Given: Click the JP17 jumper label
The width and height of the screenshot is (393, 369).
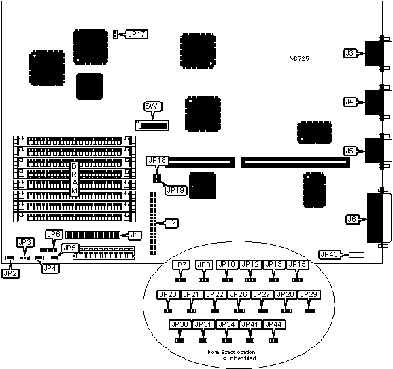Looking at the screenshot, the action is point(137,34).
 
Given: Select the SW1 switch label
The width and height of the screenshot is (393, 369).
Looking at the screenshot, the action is point(153,106).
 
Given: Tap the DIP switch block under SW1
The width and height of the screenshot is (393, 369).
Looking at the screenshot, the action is point(152,125).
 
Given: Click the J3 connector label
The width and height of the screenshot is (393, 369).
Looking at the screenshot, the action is point(349,53).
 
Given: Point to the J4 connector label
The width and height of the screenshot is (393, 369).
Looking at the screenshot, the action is point(349,102).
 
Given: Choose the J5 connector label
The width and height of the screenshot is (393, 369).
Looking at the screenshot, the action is point(349,151).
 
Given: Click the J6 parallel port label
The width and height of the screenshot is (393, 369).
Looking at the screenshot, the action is point(352,219).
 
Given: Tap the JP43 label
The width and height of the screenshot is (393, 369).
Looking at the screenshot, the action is point(329,254).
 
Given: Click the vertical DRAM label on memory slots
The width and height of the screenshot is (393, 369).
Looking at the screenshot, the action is point(74,178).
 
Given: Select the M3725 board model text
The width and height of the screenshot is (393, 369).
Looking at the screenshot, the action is point(299,59).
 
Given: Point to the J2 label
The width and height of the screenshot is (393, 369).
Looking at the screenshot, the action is point(172,222).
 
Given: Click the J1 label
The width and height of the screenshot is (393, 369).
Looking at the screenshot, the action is point(135,235).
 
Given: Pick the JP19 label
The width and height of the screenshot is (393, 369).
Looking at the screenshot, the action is point(175,190).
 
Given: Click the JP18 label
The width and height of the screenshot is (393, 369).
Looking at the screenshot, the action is point(157,161).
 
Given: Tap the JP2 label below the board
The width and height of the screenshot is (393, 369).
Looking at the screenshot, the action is point(10,273).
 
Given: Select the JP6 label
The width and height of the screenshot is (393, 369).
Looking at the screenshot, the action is point(54,234).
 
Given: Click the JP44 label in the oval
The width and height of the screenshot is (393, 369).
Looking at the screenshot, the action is point(274,324).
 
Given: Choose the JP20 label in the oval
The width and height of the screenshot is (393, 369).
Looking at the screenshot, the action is point(168,295).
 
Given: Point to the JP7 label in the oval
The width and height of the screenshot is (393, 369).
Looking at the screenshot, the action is point(180,265).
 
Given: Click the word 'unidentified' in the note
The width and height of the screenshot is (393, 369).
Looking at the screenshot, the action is point(239,358).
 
